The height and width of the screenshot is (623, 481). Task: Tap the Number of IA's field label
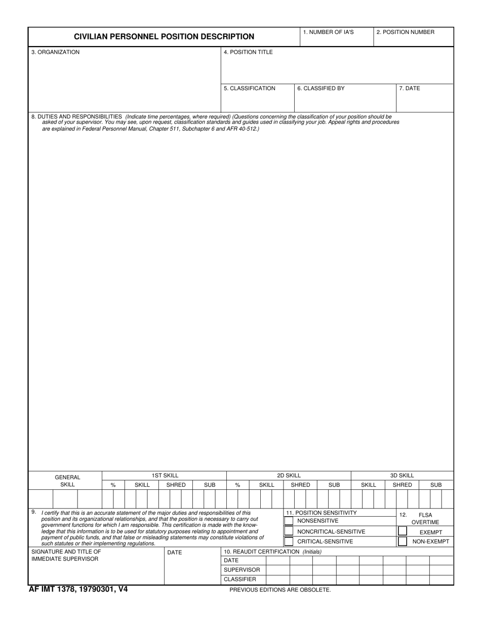328,32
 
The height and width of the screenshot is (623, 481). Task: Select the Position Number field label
405,32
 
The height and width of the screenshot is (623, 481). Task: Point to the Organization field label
55,52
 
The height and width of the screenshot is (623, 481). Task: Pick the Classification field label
250,89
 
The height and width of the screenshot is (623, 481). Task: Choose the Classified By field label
321,89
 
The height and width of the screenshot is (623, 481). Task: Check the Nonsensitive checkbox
289,521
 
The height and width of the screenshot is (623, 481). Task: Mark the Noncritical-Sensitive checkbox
289,531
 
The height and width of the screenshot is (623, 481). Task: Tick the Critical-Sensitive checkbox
289,541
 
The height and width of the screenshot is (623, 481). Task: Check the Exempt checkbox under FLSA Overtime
403,532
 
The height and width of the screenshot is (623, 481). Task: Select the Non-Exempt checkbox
403,541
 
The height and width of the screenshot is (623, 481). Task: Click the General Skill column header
67,481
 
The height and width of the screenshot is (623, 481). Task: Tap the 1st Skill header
165,476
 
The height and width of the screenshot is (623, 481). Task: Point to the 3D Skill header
402,476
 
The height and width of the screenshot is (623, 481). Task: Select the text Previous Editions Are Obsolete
280,590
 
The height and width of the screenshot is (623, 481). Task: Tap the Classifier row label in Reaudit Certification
240,579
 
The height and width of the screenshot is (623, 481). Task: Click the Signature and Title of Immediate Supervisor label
66,555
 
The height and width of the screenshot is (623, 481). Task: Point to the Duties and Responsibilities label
76,117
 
